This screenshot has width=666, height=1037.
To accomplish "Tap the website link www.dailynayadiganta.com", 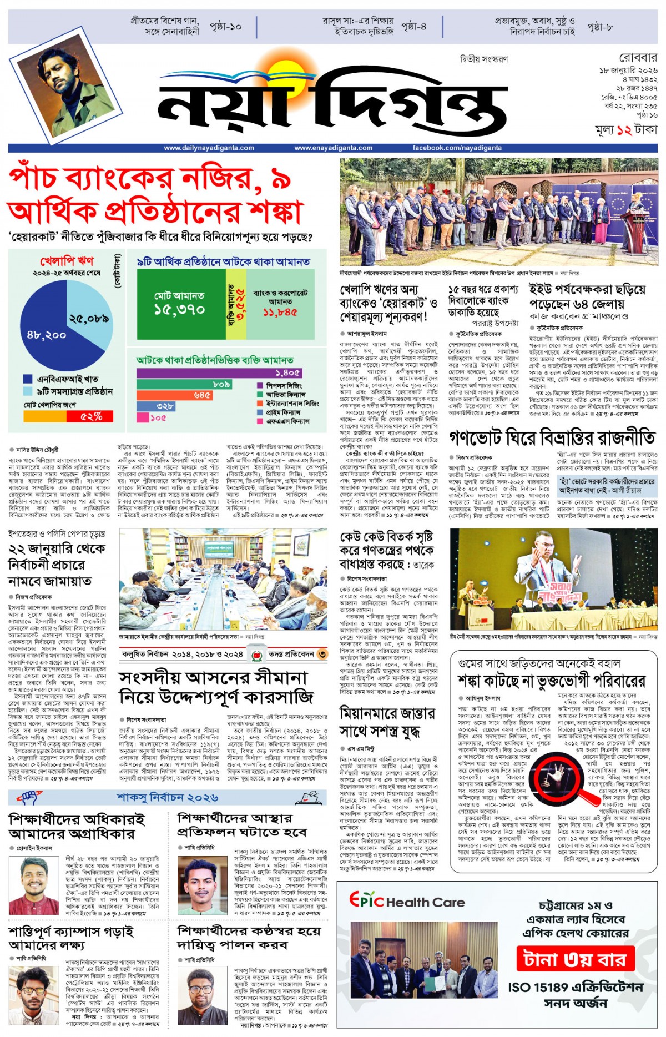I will (x=209, y=148).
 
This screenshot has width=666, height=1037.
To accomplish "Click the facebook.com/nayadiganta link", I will (x=457, y=148).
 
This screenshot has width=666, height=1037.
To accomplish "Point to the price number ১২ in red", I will (x=624, y=130).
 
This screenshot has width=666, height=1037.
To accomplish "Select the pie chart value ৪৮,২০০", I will (x=46, y=335).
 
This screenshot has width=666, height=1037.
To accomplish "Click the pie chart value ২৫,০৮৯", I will (x=89, y=319).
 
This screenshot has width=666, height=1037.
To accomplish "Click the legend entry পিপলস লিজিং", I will (x=284, y=385).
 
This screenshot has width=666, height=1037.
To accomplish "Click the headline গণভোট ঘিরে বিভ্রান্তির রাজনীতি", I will (x=552, y=439).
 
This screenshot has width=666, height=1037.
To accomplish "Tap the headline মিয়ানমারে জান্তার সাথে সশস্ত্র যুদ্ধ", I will (x=387, y=722).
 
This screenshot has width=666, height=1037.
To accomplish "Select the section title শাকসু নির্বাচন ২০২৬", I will (x=167, y=797).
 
